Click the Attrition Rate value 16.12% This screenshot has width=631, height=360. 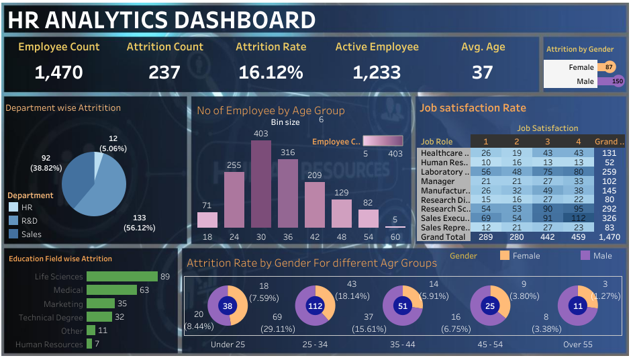click(271, 72)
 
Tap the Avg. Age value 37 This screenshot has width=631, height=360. click(482, 72)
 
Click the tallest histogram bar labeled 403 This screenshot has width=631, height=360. click(260, 183)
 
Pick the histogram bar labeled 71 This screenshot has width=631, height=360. click(207, 220)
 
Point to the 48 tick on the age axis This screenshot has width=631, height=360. click(341, 236)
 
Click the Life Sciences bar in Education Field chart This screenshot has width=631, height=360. click(122, 276)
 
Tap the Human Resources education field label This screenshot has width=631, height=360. click(50, 345)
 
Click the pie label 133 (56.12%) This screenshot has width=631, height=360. click(140, 223)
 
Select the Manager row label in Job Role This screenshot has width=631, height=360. click(438, 181)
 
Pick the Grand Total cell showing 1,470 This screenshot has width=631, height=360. click(610, 237)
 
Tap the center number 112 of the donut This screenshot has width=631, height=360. click(315, 306)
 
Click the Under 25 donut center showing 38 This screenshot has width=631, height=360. click(228, 306)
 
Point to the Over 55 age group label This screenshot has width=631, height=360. click(577, 345)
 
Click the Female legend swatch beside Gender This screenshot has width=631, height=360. click(505, 256)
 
